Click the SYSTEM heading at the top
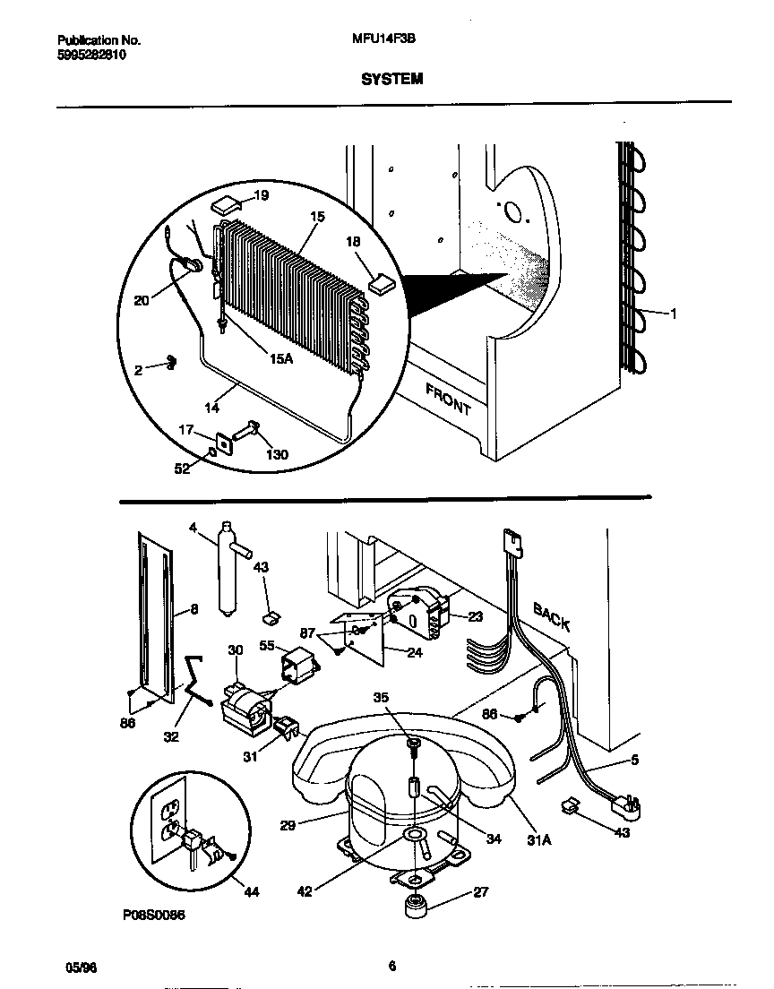click(391, 79)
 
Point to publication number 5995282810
click(91, 55)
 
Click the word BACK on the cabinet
click(552, 616)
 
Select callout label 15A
click(280, 358)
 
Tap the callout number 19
click(261, 195)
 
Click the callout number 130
click(277, 455)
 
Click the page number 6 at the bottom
click(391, 966)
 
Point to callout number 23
click(475, 616)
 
